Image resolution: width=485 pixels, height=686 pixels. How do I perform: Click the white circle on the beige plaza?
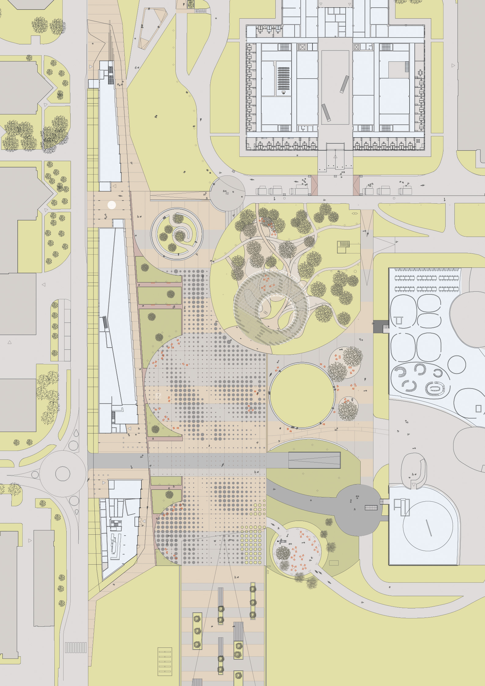click(112, 205)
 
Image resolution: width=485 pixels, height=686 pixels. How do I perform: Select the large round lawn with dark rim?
click(302, 396)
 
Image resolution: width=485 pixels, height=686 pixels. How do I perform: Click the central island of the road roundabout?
click(63, 474)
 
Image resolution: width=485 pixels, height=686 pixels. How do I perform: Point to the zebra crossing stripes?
click(75, 647)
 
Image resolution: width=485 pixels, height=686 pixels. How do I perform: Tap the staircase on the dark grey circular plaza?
click(371, 508)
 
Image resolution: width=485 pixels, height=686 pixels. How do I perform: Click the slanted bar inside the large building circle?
click(429, 528)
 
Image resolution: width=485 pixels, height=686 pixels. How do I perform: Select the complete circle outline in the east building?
click(457, 364)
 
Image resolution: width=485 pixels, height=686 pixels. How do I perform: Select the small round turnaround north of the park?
click(227, 193)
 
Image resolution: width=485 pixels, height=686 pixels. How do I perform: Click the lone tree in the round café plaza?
click(283, 553)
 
